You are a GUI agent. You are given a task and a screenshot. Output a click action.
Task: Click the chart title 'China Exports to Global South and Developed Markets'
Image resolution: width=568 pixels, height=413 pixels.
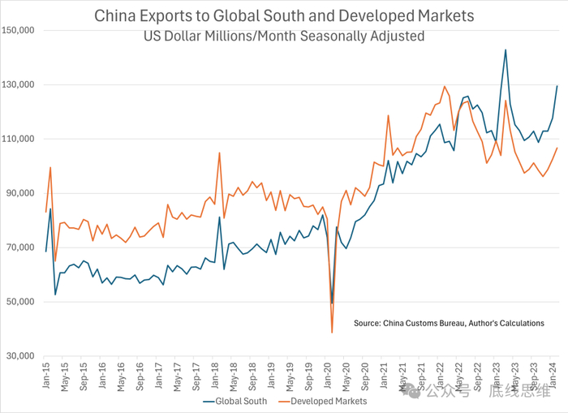[x=284, y=15]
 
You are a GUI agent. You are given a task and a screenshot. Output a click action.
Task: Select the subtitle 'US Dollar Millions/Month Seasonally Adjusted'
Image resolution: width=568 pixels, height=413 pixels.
[x=284, y=36]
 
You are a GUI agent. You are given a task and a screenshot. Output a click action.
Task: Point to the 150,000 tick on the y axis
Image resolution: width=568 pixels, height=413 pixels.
[x=18, y=31]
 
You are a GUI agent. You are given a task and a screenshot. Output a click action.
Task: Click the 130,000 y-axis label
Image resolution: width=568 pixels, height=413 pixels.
[x=18, y=85]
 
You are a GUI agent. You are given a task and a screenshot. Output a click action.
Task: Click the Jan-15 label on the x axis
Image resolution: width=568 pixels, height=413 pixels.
[x=45, y=375]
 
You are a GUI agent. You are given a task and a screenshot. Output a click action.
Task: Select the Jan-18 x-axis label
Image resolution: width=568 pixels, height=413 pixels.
[x=218, y=375]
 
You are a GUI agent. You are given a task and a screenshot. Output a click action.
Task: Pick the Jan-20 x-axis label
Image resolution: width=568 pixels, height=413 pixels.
[x=333, y=375]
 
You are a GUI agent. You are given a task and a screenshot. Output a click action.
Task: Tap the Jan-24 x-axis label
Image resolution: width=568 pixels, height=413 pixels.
[x=553, y=375]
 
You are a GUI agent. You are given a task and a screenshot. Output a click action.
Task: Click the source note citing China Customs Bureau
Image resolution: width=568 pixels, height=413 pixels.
[x=449, y=324]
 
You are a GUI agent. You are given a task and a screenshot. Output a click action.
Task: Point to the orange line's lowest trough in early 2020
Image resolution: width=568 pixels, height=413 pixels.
[x=332, y=332]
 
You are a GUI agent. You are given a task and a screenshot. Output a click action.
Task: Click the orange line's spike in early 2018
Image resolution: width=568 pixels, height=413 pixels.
[x=219, y=153]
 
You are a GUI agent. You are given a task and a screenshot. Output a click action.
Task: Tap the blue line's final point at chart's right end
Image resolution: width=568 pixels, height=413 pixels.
[x=557, y=86]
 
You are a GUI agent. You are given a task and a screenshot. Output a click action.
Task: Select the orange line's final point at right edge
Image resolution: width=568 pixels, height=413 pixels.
[x=557, y=148]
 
